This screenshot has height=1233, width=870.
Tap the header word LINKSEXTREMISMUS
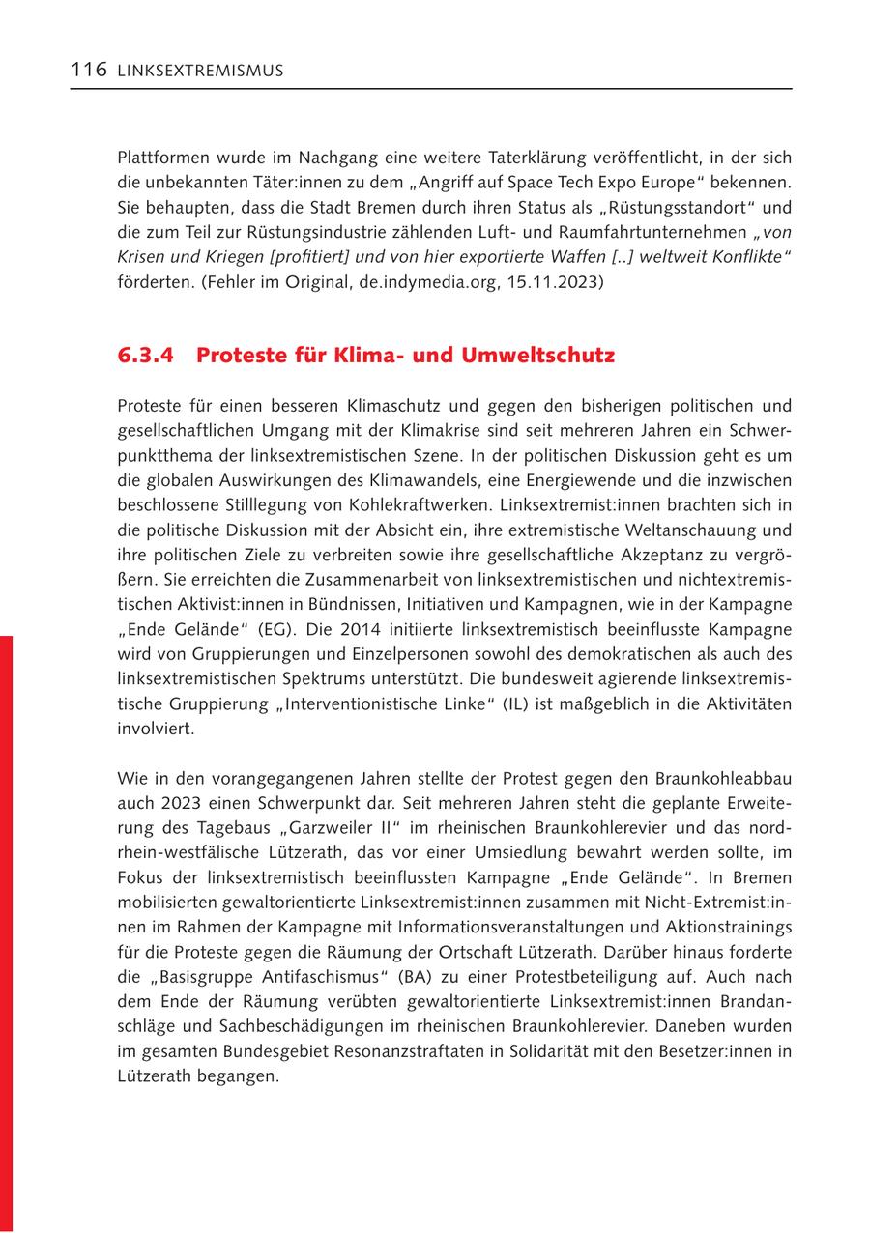tap(200, 72)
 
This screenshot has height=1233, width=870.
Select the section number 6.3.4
tap(146, 355)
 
